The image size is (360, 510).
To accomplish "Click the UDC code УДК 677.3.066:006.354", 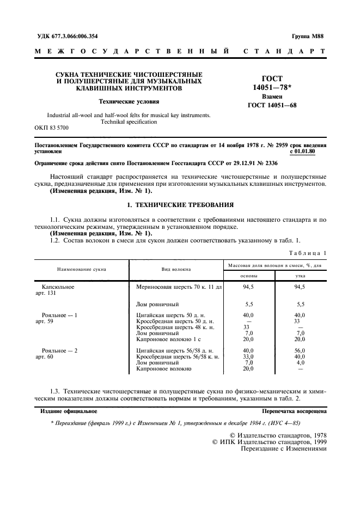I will pos(68,36).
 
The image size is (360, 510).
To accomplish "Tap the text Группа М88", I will pos(308,36).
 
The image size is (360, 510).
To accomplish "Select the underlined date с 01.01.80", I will pos(308,152).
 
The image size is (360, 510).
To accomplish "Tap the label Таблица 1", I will pos(308,253).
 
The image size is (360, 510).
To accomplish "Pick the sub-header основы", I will pos(249,276).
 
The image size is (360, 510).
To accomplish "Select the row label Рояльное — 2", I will pos(59,350).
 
